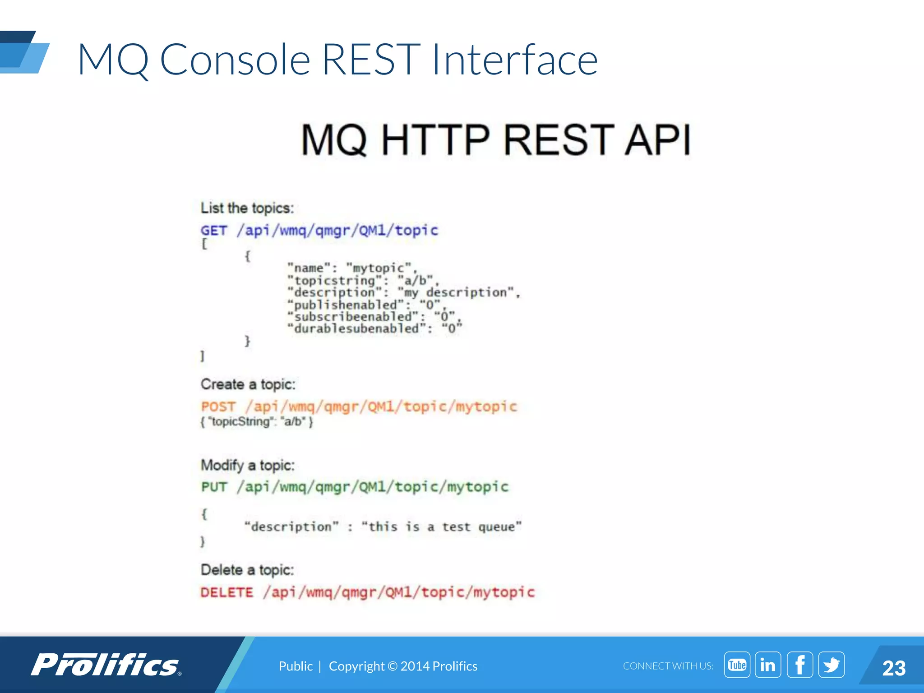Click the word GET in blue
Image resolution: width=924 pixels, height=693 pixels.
(214, 231)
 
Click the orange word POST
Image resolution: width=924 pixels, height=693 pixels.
(218, 407)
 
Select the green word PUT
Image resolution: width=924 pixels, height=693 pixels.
(214, 487)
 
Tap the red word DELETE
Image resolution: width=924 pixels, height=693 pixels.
(227, 592)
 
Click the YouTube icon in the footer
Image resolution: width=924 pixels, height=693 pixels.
(737, 665)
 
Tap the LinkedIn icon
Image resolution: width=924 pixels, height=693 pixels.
(768, 665)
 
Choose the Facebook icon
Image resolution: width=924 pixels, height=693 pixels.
(799, 665)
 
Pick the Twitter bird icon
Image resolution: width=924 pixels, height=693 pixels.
(831, 665)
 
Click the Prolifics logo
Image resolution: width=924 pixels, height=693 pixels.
(106, 665)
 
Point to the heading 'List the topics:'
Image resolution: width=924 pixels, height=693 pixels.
(247, 208)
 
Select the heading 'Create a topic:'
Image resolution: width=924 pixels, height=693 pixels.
(248, 384)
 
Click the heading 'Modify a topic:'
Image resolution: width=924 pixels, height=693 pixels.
(248, 465)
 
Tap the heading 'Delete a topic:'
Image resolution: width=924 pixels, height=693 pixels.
(247, 570)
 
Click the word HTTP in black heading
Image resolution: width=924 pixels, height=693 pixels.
(435, 140)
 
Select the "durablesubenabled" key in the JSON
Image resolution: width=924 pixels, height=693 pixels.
(357, 329)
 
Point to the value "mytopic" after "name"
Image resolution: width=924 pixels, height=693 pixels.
(379, 268)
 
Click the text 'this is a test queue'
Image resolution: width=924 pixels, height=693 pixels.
(442, 527)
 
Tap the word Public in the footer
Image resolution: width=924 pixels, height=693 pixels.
(296, 666)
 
